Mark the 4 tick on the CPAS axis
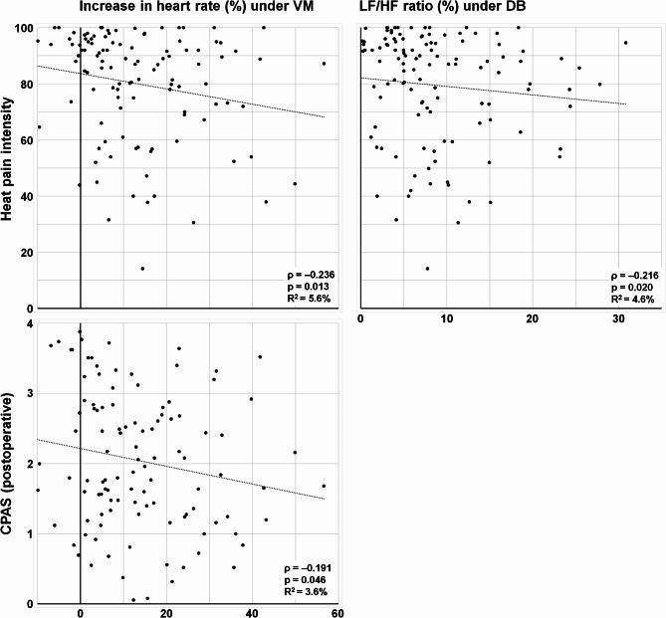tap(29, 324)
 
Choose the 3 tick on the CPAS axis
tap(29, 394)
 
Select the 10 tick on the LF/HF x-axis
tap(447, 316)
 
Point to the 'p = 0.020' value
tap(627, 285)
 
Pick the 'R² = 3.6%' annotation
tap(306, 591)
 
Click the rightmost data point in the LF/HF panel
tap(625, 43)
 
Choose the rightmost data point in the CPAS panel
tap(324, 487)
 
